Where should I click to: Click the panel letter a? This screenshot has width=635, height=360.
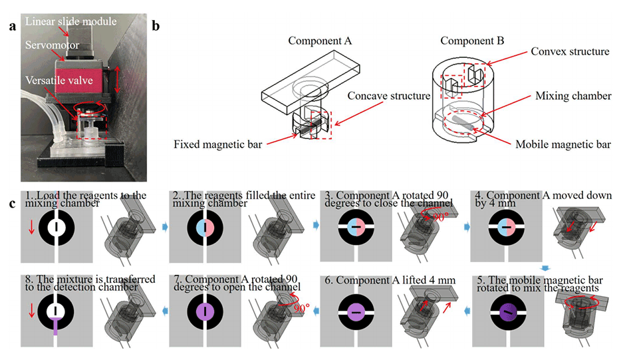coord(13,28)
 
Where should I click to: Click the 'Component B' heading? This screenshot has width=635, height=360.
coord(472,41)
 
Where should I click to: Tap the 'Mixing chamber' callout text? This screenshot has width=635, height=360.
coord(574,96)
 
